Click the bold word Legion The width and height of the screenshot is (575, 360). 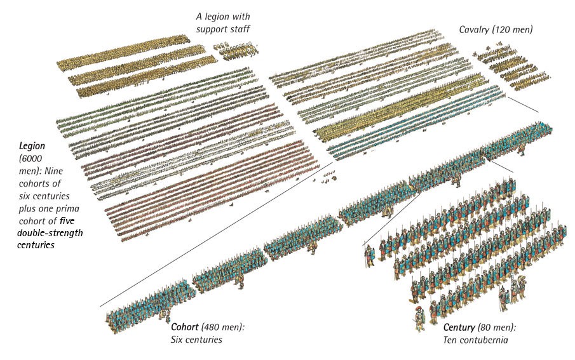(32, 146)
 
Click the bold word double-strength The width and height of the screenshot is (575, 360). (50, 233)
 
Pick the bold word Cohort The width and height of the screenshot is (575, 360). (185, 327)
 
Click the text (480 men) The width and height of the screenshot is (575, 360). (222, 327)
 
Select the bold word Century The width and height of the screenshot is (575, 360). (459, 328)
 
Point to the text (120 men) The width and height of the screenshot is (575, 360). (511, 29)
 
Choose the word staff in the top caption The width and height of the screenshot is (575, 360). (240, 29)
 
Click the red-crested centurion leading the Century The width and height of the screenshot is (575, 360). (419, 318)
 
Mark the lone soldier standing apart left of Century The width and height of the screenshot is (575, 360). (369, 255)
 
